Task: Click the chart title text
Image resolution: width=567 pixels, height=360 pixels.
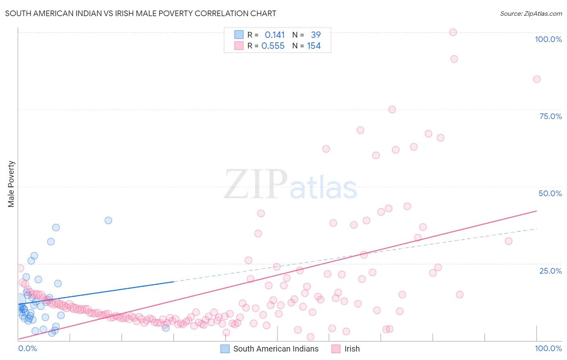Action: (x=140, y=13)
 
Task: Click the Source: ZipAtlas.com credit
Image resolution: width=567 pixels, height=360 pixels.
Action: (x=531, y=13)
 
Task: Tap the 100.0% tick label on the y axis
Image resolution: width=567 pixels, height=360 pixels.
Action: (x=548, y=39)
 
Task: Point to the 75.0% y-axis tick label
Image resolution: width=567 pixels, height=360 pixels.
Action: (x=550, y=116)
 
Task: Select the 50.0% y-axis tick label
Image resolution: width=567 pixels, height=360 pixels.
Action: (x=550, y=193)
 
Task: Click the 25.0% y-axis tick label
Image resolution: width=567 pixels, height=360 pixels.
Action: (x=550, y=271)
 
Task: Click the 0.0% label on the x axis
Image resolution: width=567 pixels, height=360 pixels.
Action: (x=27, y=348)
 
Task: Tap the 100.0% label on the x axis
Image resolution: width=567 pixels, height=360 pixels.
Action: (x=548, y=348)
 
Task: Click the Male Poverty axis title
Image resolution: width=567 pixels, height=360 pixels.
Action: (x=11, y=184)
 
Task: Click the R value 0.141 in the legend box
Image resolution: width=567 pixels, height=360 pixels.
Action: (x=275, y=35)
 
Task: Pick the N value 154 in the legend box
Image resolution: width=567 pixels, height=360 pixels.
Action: (x=314, y=46)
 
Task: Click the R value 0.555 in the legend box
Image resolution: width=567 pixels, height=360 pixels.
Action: (x=273, y=46)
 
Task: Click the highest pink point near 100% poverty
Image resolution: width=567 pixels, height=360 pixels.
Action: (x=453, y=32)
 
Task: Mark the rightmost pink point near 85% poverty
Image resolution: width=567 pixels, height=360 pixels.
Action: (x=536, y=79)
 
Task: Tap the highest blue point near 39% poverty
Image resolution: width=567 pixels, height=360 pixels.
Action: (x=108, y=220)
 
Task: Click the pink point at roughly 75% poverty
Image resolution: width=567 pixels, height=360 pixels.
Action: (x=392, y=109)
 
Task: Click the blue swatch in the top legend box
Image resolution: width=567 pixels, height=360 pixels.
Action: (x=239, y=35)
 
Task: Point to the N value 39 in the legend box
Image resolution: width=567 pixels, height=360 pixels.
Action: (x=316, y=35)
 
